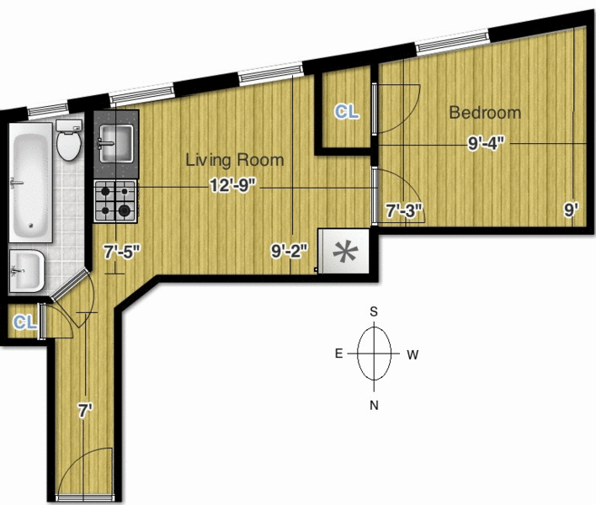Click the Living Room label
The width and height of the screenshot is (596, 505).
click(235, 160)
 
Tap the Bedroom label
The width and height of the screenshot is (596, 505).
click(485, 113)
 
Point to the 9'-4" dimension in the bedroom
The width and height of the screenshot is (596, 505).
click(486, 143)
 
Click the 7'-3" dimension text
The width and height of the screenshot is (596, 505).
click(404, 210)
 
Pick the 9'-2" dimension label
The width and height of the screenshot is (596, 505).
click(290, 251)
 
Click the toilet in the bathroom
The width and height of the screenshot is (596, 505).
click(69, 140)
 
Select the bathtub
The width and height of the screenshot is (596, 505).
click(31, 183)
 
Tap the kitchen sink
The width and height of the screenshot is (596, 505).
click(116, 144)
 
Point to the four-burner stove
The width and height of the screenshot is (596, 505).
click(115, 201)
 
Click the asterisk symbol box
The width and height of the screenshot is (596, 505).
click(343, 251)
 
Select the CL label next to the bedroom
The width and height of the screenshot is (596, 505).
click(346, 112)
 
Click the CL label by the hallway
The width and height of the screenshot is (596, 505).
click(25, 322)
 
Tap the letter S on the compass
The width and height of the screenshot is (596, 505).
click(374, 311)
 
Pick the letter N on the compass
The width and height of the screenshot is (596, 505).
click(374, 406)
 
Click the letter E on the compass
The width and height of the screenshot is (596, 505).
click(338, 353)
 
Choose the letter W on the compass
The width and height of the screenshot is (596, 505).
click(412, 355)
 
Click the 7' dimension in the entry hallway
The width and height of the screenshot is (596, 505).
click(86, 411)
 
